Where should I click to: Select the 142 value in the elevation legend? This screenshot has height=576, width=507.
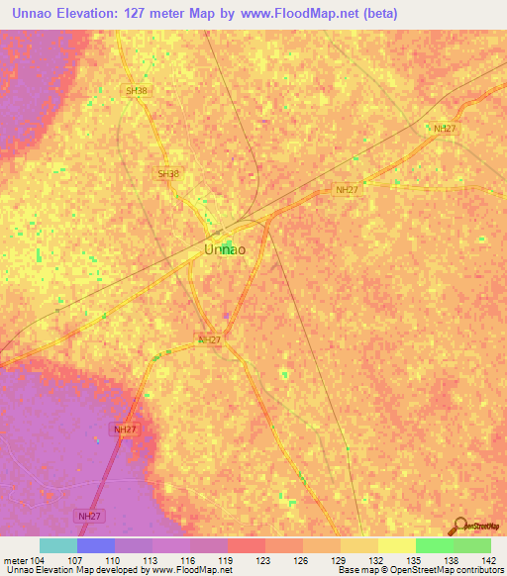(488, 559)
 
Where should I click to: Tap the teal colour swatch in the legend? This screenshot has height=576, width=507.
(58, 545)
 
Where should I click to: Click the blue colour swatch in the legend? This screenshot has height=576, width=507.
(96, 545)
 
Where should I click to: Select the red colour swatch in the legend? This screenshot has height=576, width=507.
(247, 545)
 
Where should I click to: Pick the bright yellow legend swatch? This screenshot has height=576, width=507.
(397, 545)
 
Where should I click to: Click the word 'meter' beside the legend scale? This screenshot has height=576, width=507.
(18, 559)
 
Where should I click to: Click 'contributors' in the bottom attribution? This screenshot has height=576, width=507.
(478, 571)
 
